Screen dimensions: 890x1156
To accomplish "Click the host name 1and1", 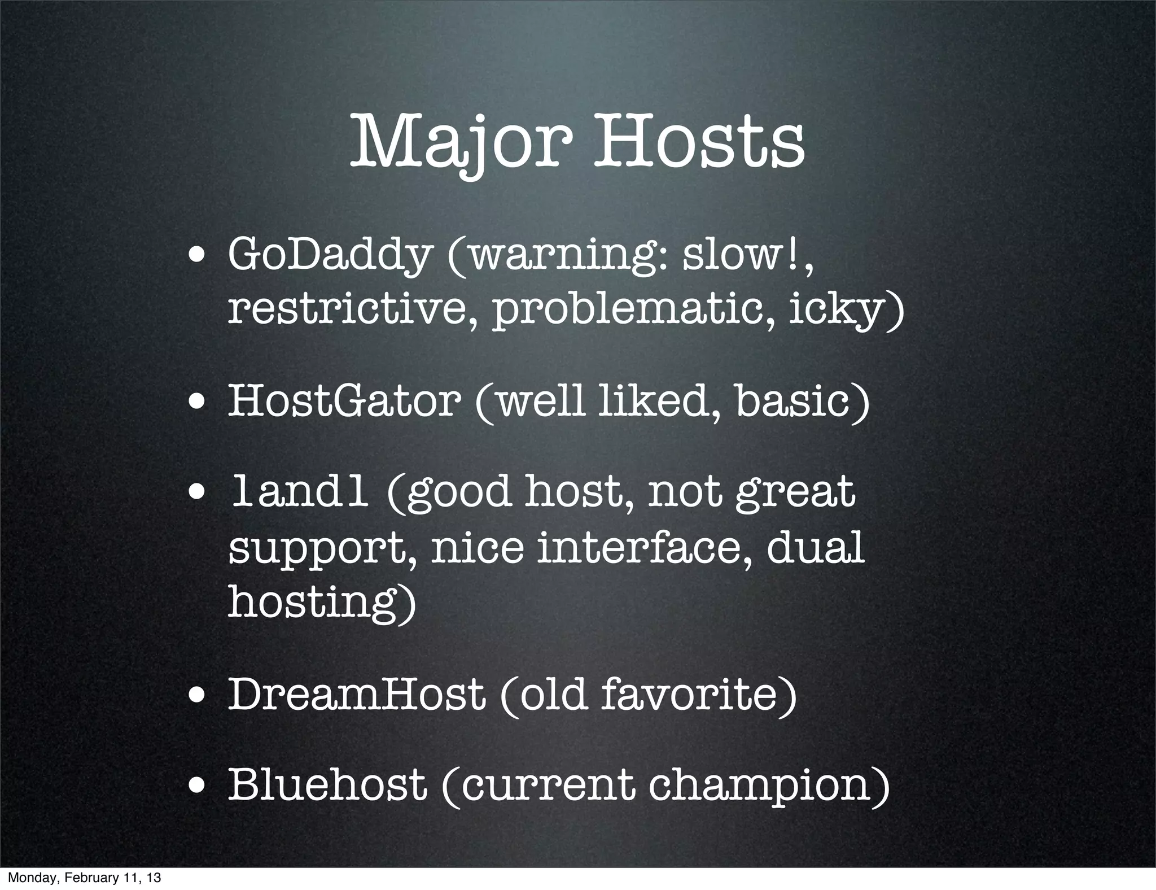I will pos(299,492).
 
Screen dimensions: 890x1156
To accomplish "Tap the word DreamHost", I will pos(356,695).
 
